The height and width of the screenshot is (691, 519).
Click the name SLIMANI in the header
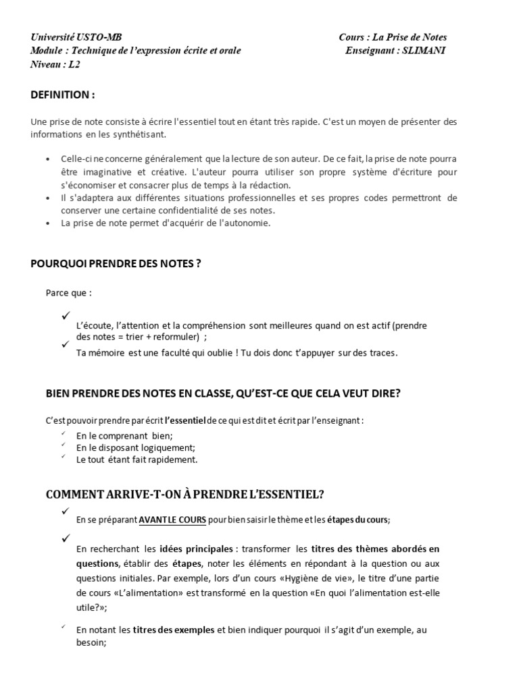click(x=424, y=51)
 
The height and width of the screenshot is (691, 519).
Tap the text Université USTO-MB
click(x=76, y=37)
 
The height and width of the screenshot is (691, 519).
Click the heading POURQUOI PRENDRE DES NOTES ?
click(x=116, y=264)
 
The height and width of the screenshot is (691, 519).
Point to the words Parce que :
click(x=68, y=293)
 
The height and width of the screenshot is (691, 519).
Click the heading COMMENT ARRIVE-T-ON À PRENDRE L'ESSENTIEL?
click(x=184, y=495)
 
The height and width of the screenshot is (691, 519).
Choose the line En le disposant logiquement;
click(x=136, y=447)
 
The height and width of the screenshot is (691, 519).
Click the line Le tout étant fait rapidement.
click(x=137, y=460)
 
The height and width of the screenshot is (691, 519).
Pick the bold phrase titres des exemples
click(x=173, y=630)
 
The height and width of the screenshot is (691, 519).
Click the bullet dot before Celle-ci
click(x=47, y=159)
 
